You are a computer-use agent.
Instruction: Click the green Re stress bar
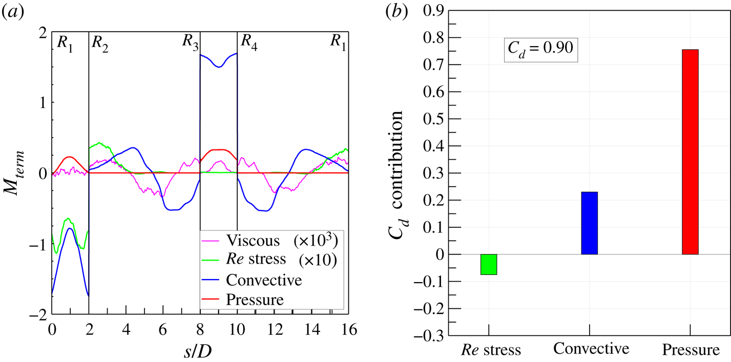[488, 264]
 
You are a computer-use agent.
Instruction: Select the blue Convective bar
[589, 223]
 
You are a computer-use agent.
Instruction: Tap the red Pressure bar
[690, 152]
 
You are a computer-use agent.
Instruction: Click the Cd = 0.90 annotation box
[541, 50]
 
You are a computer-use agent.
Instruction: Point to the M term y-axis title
[21, 173]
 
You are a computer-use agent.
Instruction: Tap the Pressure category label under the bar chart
[690, 350]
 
